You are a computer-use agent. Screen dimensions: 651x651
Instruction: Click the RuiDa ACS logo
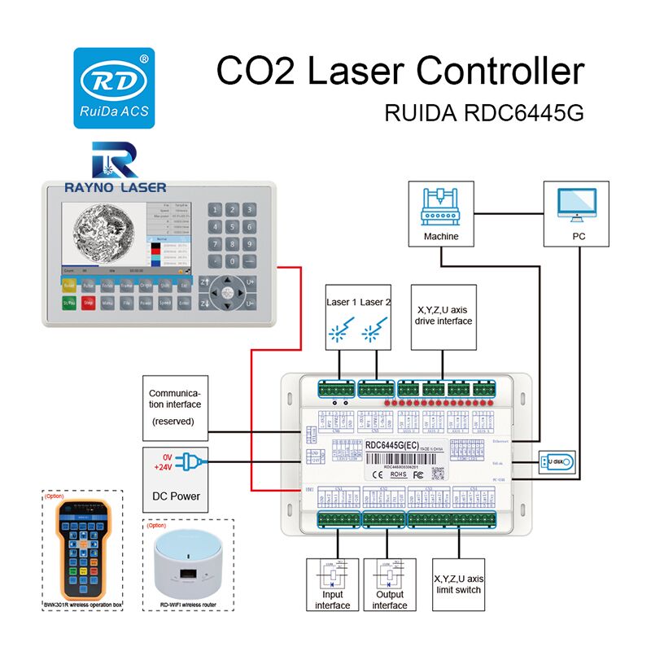coord(112,87)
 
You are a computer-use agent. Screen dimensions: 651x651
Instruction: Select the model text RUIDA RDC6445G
coord(484,113)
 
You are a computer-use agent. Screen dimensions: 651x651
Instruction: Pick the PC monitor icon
coord(579,206)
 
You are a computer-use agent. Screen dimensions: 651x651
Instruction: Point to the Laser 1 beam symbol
coord(338,330)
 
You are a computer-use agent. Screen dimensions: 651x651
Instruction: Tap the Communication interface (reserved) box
coord(174,404)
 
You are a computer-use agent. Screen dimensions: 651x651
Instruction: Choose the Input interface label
coord(332,600)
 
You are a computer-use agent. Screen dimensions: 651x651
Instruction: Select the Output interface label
coord(390,600)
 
